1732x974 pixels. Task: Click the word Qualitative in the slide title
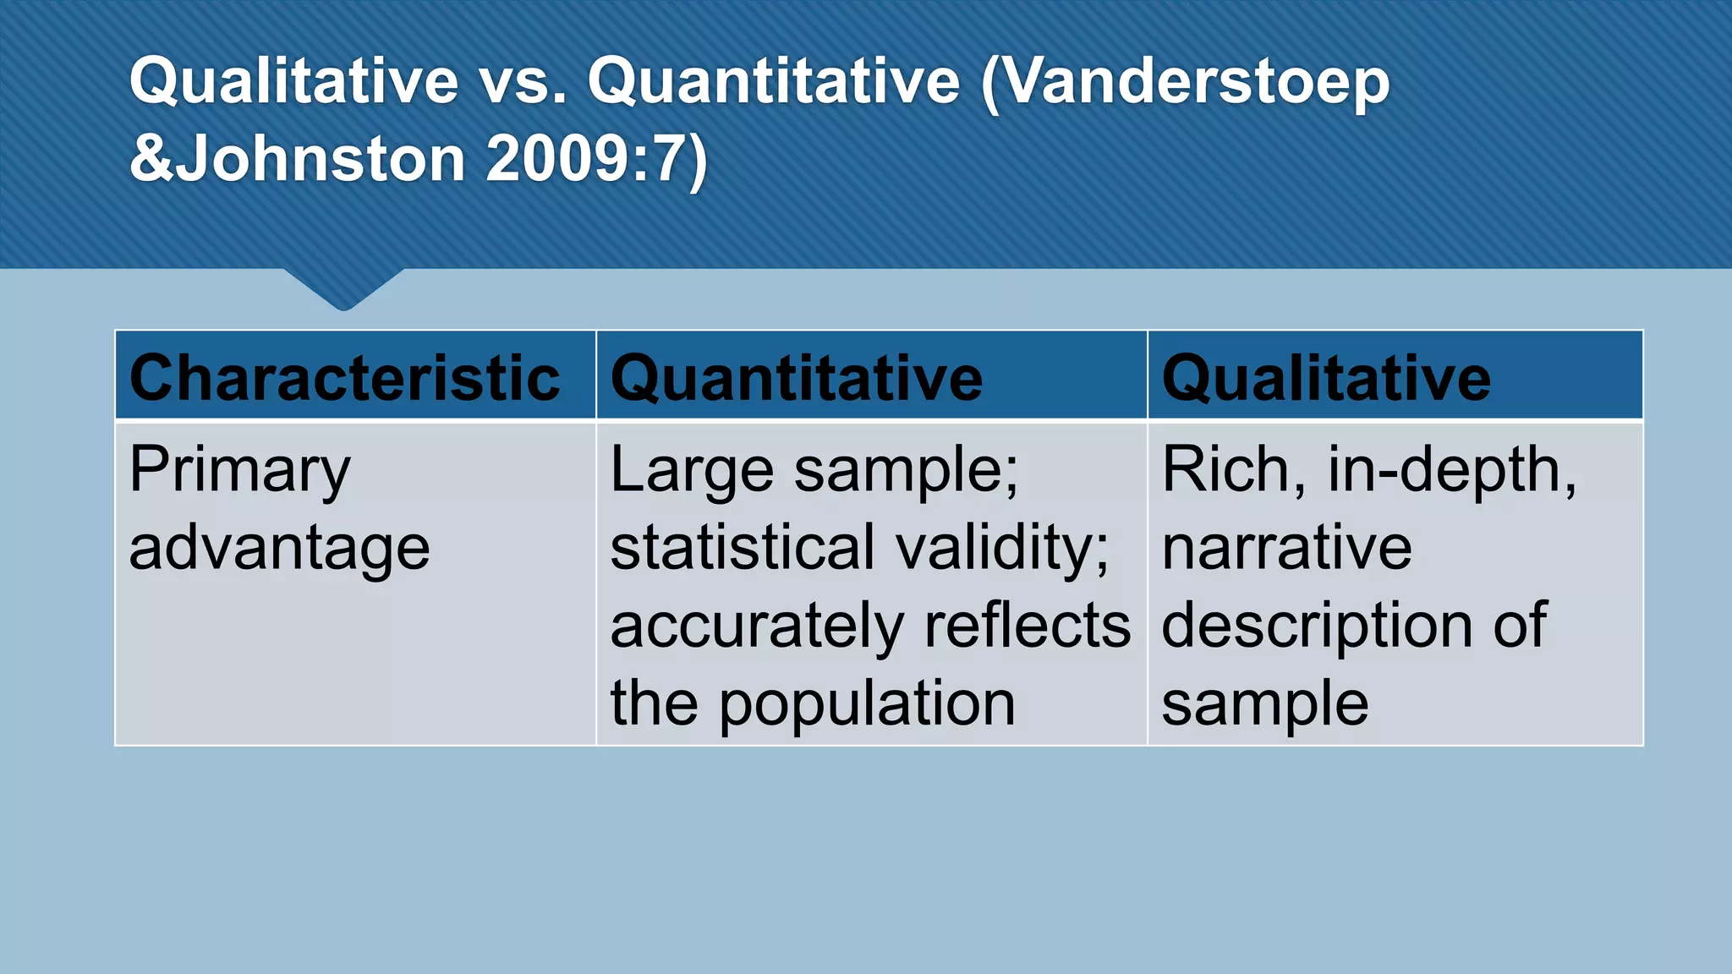tap(293, 82)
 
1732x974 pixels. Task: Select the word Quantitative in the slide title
tap(774, 82)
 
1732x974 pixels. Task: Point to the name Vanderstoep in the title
tap(1185, 82)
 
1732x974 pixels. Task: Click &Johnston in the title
tap(297, 159)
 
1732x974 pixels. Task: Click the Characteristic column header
tap(344, 378)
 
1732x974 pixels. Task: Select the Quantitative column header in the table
tap(796, 378)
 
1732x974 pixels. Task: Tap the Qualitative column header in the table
tap(1325, 378)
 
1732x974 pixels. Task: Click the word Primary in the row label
tap(239, 471)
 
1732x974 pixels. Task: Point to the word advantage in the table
tap(279, 549)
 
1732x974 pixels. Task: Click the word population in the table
tap(867, 703)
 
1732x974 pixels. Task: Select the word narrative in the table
tap(1286, 548)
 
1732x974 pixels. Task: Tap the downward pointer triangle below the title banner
tap(344, 287)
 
